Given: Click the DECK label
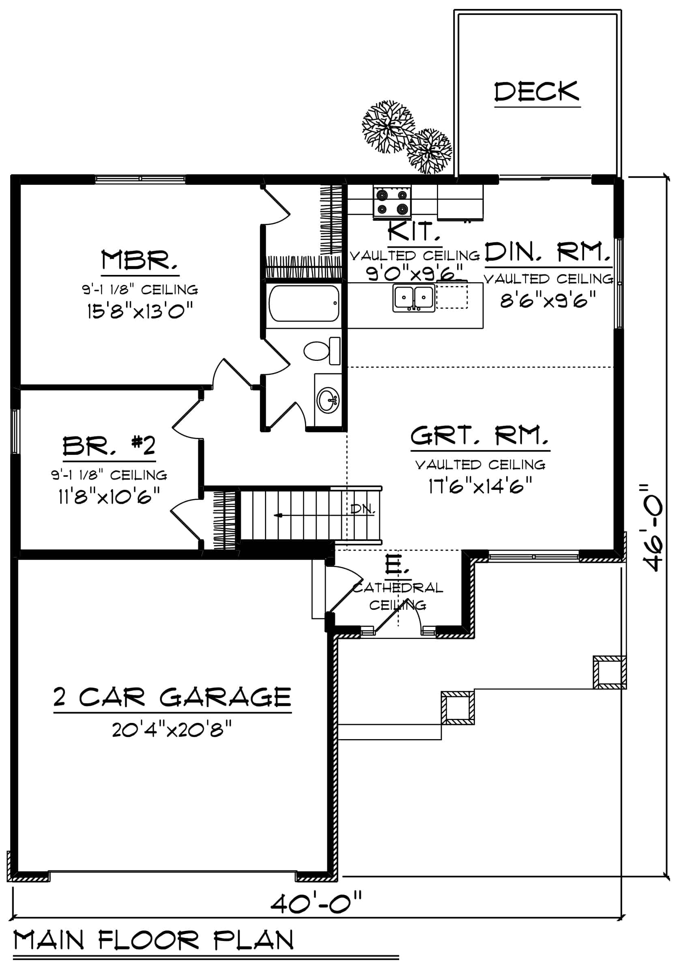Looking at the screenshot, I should coord(536,92).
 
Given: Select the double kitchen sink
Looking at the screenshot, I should coord(414,298).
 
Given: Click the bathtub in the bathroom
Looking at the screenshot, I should coord(304,303).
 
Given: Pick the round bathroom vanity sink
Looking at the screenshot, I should coord(328,399).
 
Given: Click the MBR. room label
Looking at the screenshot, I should coord(139,260).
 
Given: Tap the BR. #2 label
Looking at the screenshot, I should coord(109,446).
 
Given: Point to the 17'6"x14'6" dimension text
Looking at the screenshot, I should coord(480,485).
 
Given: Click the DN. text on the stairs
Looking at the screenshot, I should coord(363,509).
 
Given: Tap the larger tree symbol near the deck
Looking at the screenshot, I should coord(387,126).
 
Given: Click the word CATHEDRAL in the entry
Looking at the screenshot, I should coord(398,588).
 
